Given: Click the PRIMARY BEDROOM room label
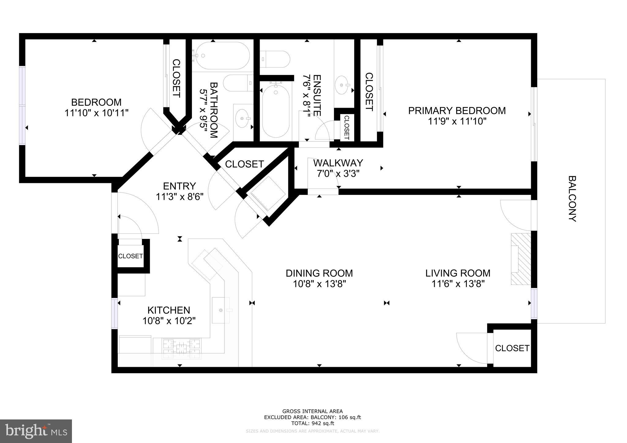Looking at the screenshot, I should tap(457, 110).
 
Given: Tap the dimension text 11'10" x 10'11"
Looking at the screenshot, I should tap(96, 113).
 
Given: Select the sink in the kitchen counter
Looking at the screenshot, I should tap(220, 310).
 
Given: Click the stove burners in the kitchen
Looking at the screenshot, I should tap(182, 348).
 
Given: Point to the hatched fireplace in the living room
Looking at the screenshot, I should tap(520, 259).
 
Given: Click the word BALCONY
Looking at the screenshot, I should tap(572, 199).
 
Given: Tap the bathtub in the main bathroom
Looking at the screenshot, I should tap(223, 56).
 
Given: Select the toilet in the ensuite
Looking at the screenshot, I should tap(275, 59).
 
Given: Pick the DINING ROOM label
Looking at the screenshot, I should tap(319, 273).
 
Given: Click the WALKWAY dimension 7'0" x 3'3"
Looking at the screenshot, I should tap(338, 174).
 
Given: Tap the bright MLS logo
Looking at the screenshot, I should tap(36, 431).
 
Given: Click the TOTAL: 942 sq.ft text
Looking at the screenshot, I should tap(312, 423).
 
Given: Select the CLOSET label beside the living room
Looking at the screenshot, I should tap(512, 348).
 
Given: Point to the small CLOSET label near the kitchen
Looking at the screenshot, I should tap(130, 256).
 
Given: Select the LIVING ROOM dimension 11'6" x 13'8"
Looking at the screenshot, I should tap(458, 284).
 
